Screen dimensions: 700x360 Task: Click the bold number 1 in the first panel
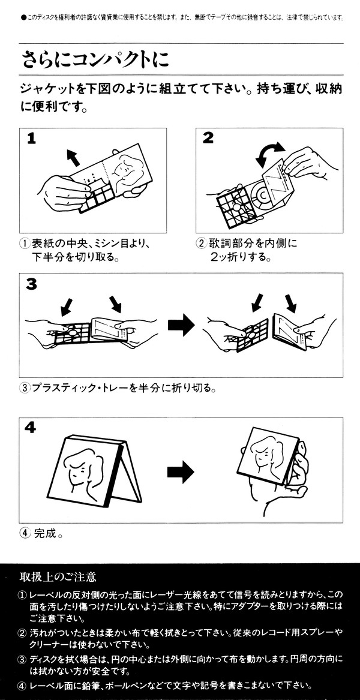(31, 139)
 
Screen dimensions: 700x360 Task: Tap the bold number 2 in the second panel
(208, 138)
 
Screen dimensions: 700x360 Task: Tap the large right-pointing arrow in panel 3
(181, 325)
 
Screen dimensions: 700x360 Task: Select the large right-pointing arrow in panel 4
(180, 472)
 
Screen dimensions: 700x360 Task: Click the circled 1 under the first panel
(25, 244)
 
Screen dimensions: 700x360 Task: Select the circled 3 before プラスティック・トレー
(25, 387)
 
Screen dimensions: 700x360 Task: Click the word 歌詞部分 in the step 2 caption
(232, 244)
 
